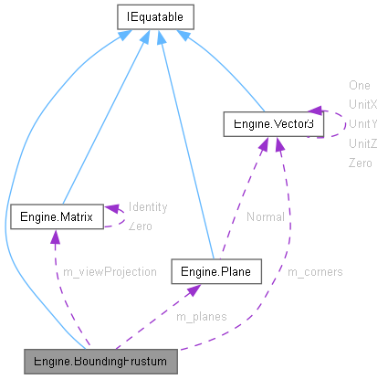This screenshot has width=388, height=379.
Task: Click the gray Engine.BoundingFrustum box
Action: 100,362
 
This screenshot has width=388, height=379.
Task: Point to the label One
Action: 359,84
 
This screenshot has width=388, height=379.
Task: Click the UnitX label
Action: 362,104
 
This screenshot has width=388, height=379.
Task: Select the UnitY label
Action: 362,123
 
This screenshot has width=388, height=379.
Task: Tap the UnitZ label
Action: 362,143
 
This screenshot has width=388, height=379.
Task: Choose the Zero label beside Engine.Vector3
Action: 361,163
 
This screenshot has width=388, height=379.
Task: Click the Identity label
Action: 147,206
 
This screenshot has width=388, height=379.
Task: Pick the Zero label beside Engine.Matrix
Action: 141,226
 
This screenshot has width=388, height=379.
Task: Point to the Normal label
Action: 264,216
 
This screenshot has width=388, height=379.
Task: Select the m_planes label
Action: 201,316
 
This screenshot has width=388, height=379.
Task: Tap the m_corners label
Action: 315,271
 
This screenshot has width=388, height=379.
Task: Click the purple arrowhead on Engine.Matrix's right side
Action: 111,211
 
